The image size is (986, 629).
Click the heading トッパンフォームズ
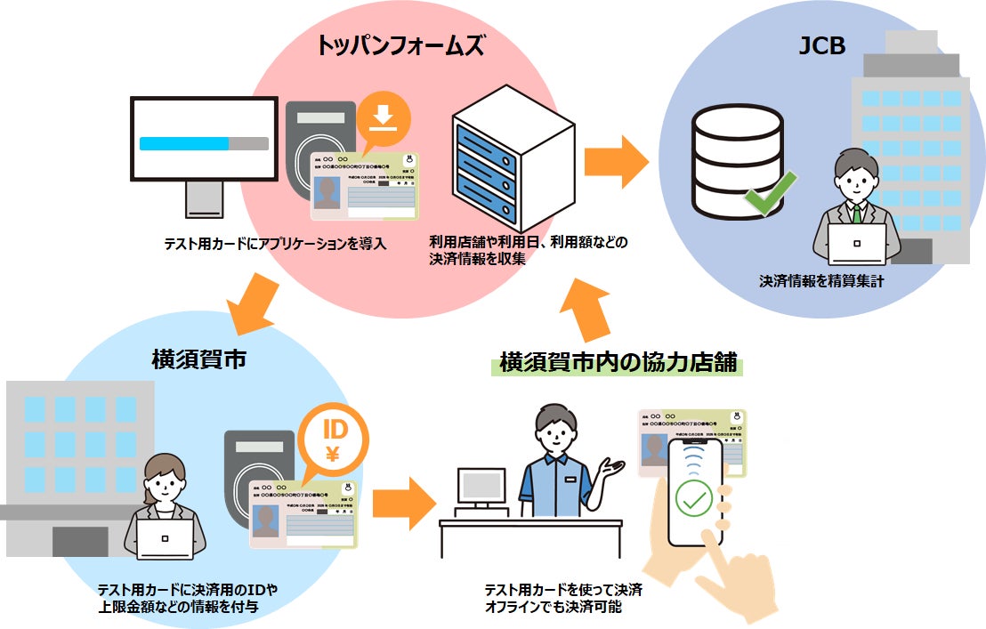pos(400,47)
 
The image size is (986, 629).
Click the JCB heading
pos(820,46)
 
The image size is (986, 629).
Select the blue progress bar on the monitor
pos(185,143)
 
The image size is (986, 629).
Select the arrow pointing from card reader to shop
pos(403,501)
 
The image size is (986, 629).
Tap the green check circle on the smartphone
pos(694,497)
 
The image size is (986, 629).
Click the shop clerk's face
pos(555,433)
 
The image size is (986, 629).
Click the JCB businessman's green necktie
pos(856,214)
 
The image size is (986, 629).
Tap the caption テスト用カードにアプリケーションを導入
pos(276,244)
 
